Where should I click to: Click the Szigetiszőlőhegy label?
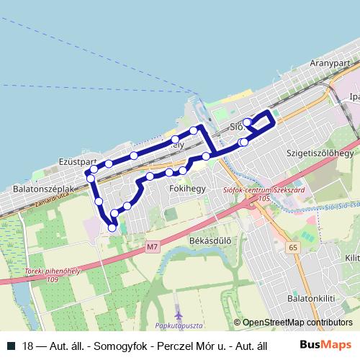(x=320, y=153)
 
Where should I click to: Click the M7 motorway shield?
(x=151, y=247)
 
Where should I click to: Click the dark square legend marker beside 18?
(x=11, y=346)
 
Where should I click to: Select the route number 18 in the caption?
(x=27, y=346)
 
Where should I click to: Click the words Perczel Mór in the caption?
(x=168, y=346)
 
